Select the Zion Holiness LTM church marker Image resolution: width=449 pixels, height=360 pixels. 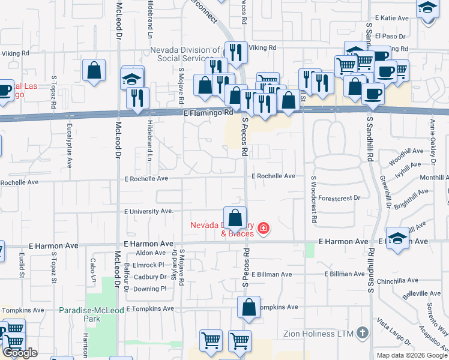pyautogui.click(x=361, y=332)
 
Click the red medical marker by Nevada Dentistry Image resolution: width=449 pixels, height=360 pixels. pyautogui.click(x=263, y=229)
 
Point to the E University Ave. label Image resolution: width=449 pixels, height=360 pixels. pyautogui.click(x=148, y=211)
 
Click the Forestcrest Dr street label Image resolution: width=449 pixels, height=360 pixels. pyautogui.click(x=340, y=197)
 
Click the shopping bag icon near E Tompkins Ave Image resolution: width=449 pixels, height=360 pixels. pyautogui.click(x=249, y=308)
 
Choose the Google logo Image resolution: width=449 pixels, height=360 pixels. pyautogui.click(x=20, y=353)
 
